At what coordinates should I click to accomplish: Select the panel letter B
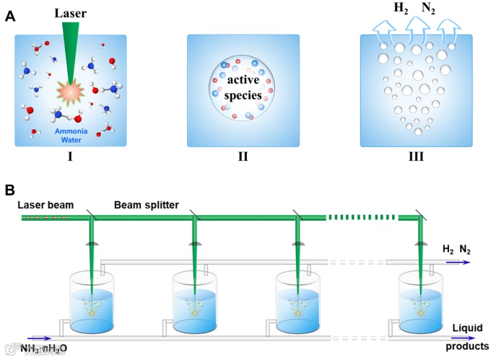coord(10,190)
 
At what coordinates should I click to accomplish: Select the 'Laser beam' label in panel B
coord(48,204)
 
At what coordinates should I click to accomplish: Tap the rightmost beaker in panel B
coord(423,303)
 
